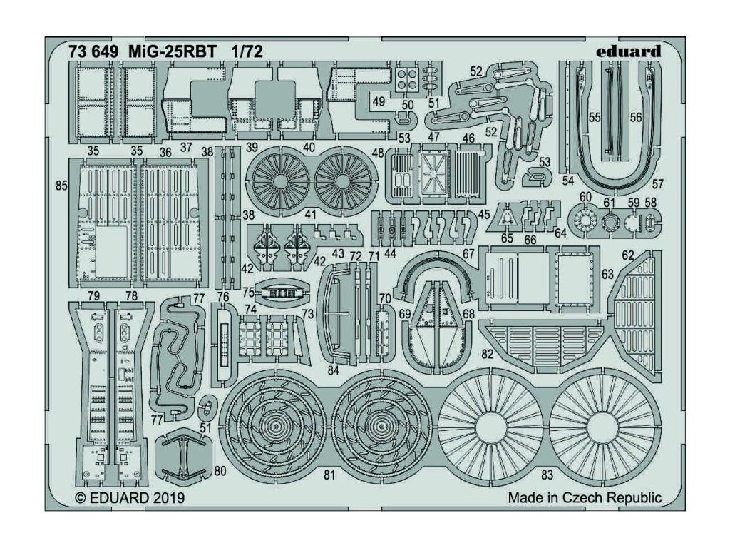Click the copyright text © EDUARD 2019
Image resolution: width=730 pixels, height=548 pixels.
click(129, 498)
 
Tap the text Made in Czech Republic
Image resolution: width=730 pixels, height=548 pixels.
click(585, 498)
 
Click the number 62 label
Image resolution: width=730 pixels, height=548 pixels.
click(628, 255)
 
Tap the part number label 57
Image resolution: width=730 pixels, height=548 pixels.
click(657, 184)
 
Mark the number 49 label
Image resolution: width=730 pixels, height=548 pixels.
click(379, 101)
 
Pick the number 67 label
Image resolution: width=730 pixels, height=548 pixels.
click(468, 254)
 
